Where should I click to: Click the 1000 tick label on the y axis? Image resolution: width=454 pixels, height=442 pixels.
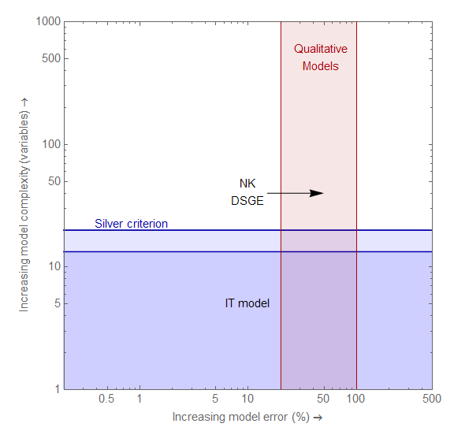click(x=48, y=22)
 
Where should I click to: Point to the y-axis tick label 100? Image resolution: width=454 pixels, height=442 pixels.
click(x=51, y=145)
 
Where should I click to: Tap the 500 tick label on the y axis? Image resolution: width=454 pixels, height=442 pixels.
click(x=51, y=59)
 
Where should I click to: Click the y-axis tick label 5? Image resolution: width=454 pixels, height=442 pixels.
click(x=57, y=304)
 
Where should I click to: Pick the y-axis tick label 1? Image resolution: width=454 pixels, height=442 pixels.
click(x=57, y=389)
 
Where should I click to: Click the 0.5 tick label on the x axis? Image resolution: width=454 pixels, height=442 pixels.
click(x=106, y=399)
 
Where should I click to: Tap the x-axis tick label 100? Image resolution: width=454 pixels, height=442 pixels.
click(x=356, y=399)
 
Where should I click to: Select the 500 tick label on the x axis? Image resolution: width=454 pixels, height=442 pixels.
click(x=432, y=399)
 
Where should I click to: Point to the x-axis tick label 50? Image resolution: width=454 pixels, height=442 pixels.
click(x=323, y=399)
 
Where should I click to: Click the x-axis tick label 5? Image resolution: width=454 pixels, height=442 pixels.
click(x=215, y=399)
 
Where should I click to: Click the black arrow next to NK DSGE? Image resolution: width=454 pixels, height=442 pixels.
click(x=296, y=193)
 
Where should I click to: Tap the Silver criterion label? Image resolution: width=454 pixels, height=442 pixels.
click(x=131, y=224)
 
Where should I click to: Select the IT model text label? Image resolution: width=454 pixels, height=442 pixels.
click(x=247, y=303)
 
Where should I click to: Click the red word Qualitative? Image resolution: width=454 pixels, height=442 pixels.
click(x=320, y=49)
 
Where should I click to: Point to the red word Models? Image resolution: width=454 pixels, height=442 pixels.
click(x=320, y=66)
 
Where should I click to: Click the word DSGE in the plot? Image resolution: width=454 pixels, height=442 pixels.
click(x=247, y=200)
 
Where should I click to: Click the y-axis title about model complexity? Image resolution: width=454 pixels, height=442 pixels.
click(x=24, y=205)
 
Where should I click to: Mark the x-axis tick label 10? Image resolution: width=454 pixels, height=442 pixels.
click(x=247, y=399)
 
